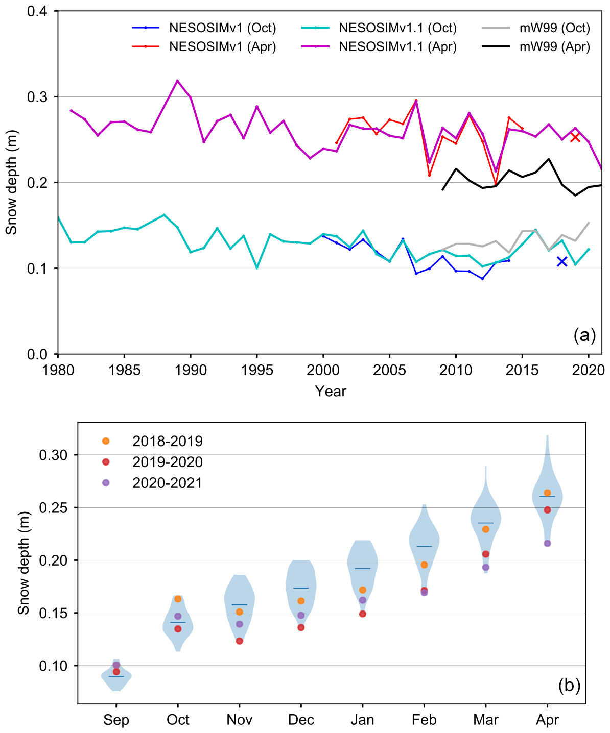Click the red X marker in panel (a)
[x=575, y=137]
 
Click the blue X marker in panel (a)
[x=562, y=261]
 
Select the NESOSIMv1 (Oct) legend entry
[x=204, y=28]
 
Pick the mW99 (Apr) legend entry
[x=536, y=47]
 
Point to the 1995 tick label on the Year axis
[x=257, y=370]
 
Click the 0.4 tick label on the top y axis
[x=37, y=11]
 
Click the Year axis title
[x=330, y=392]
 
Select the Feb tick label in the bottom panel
[x=424, y=720]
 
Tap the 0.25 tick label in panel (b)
[x=53, y=508]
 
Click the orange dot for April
[x=547, y=493]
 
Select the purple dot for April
[x=547, y=544]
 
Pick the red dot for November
[x=239, y=641]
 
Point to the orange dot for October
[x=178, y=599]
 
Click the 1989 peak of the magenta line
[x=177, y=81]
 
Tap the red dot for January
[x=363, y=614]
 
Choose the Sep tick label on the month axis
[x=116, y=720]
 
